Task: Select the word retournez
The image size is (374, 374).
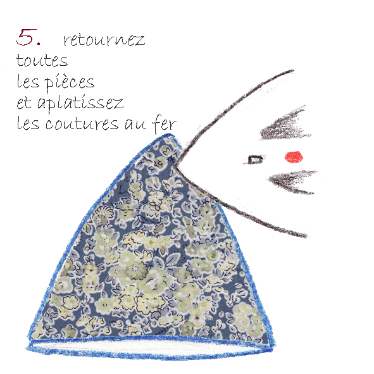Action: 104,40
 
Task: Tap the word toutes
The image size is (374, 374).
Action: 42,60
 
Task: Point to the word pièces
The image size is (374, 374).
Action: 70,82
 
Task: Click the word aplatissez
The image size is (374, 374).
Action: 80,104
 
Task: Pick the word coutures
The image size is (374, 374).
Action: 82,123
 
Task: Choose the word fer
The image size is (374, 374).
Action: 165,123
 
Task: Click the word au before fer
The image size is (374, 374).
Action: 135,125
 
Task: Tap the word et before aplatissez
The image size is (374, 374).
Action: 24,103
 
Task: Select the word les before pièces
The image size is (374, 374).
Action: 28,81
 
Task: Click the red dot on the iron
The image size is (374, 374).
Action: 294,157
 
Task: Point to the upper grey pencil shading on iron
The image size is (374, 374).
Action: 285,125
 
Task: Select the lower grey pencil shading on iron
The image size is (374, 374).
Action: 292,182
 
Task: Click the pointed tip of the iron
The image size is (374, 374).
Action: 173,166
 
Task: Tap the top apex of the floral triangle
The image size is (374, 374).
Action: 170,135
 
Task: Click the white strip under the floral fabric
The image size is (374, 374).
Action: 150,346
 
